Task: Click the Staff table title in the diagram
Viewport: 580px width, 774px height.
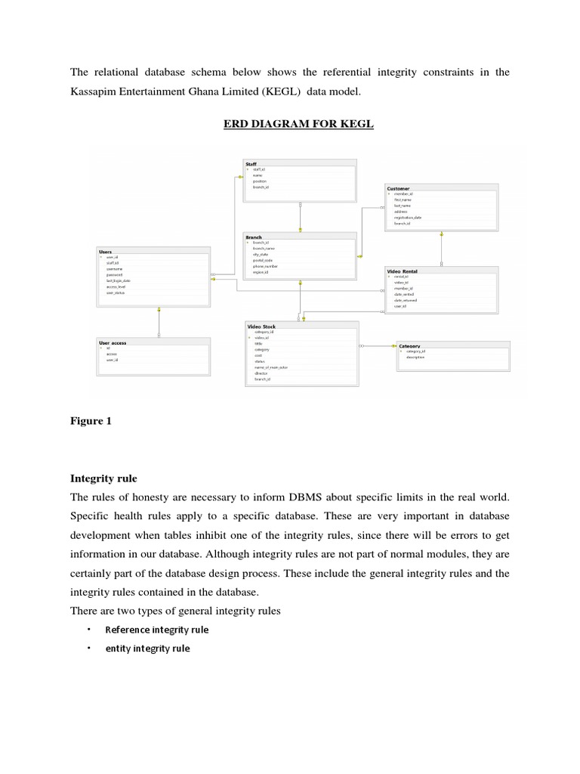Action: [x=251, y=163]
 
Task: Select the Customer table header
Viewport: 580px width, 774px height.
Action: [x=398, y=188]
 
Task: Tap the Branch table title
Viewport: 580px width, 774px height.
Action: [x=254, y=237]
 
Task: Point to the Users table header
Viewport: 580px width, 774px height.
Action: [x=106, y=252]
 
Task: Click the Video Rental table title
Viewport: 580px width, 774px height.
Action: [x=402, y=271]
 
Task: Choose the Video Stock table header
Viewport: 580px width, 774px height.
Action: [x=261, y=327]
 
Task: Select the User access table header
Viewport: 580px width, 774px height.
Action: [x=113, y=342]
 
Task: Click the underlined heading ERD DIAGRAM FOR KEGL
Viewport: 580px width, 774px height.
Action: [x=298, y=124]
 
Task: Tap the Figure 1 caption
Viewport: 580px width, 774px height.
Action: [x=91, y=422]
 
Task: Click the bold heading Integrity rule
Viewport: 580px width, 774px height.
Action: [x=105, y=478]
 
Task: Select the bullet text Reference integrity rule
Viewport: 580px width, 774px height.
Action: [x=156, y=630]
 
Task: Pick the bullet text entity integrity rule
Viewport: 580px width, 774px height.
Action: [x=147, y=649]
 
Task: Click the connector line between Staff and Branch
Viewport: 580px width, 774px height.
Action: [x=301, y=218]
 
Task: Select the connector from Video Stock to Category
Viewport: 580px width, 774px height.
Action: [x=378, y=346]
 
